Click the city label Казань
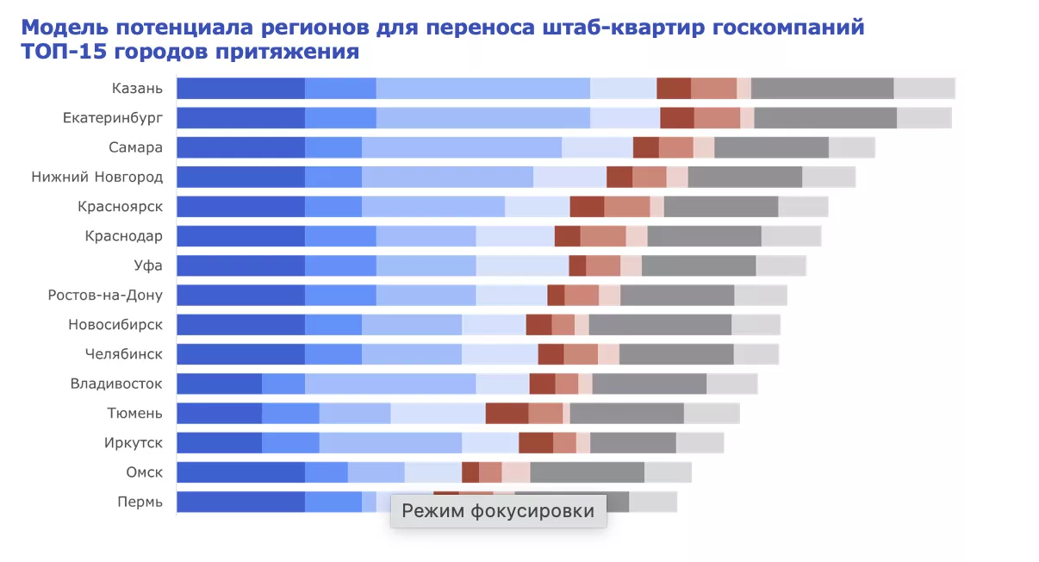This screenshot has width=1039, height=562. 137,88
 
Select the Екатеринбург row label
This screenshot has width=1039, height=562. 112,117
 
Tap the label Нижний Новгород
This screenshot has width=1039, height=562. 96,177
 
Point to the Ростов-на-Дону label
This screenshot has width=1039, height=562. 105,296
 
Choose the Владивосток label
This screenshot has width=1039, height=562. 116,384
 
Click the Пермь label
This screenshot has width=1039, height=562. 140,502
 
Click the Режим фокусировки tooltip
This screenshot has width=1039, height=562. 498,511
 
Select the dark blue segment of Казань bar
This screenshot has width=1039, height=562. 240,88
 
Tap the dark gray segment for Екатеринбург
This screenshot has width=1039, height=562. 824,117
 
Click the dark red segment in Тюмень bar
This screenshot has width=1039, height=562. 507,414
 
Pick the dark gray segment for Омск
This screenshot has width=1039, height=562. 587,472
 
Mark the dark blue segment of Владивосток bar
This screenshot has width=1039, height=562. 219,384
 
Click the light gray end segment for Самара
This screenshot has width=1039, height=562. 851,147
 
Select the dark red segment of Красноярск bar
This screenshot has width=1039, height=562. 587,207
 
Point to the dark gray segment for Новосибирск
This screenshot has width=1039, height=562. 660,325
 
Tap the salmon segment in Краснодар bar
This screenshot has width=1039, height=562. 602,236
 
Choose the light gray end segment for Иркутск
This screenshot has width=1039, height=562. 700,443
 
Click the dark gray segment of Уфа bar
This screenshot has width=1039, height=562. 699,265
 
